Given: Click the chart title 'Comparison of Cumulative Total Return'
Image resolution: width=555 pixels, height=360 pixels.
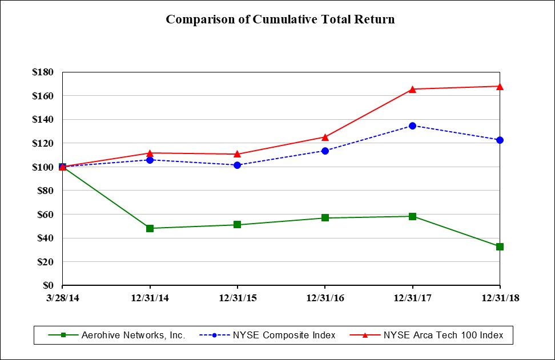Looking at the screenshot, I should pos(280,19).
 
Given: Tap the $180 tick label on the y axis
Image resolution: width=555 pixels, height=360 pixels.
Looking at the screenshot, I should pos(43,72).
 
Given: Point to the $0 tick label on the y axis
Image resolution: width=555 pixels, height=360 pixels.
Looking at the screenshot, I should pos(48,285).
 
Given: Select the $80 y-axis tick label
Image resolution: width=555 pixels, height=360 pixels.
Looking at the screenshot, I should pos(46,191).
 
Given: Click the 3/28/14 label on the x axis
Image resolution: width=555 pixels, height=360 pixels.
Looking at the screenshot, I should pos(62,297).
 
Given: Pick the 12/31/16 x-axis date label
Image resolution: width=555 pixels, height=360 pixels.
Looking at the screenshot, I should pos(325,297).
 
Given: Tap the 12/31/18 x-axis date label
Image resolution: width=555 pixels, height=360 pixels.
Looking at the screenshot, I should pos(500,297).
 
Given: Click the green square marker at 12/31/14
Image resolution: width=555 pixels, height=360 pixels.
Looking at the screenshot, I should pos(150,228).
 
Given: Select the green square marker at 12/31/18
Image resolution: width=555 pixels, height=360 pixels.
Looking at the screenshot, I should pos(500,246).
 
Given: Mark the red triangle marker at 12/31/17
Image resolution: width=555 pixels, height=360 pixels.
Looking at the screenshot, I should pos(412,89).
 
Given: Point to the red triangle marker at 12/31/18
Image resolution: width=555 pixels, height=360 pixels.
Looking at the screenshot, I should pos(500,86).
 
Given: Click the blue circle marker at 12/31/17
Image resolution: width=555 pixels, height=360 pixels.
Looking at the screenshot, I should pos(412,126).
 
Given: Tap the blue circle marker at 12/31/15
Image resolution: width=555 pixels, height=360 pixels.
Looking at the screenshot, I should pos(238,165).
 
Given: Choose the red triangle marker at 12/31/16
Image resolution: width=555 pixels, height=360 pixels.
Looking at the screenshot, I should pos(325,137).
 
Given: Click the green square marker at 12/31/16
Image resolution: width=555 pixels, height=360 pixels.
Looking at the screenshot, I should pos(325,217).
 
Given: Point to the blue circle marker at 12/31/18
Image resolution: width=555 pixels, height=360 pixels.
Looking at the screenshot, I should pos(500,140).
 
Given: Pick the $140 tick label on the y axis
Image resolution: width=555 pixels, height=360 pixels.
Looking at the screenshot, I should pos(43,120).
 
